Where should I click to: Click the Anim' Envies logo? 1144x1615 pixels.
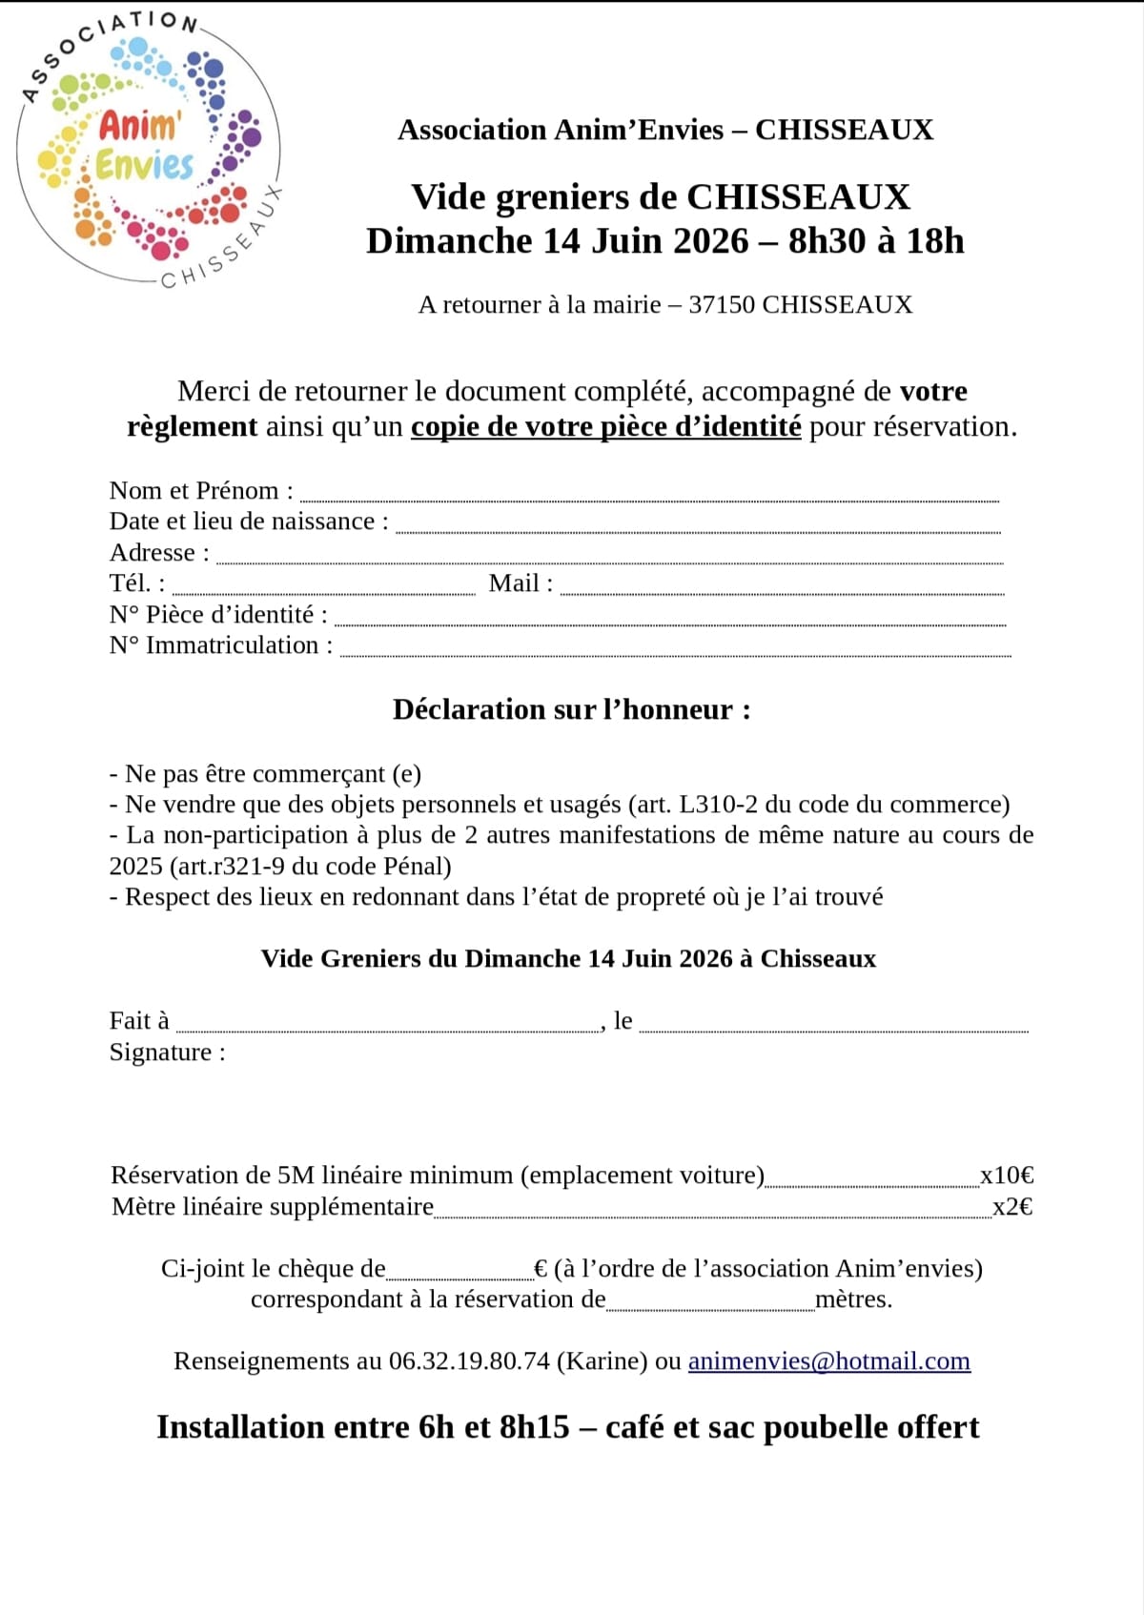point(148,153)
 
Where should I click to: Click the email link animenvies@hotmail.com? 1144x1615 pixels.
point(828,1360)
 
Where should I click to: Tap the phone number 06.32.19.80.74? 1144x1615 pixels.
point(469,1360)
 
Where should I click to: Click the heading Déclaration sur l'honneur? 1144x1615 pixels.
point(571,709)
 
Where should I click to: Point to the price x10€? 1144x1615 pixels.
point(1007,1175)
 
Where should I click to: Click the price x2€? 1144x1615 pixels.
point(1012,1207)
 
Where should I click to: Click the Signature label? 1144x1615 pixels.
point(167,1053)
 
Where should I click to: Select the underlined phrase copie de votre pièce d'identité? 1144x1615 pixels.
point(605,426)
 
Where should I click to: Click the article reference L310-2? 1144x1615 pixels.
point(718,805)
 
